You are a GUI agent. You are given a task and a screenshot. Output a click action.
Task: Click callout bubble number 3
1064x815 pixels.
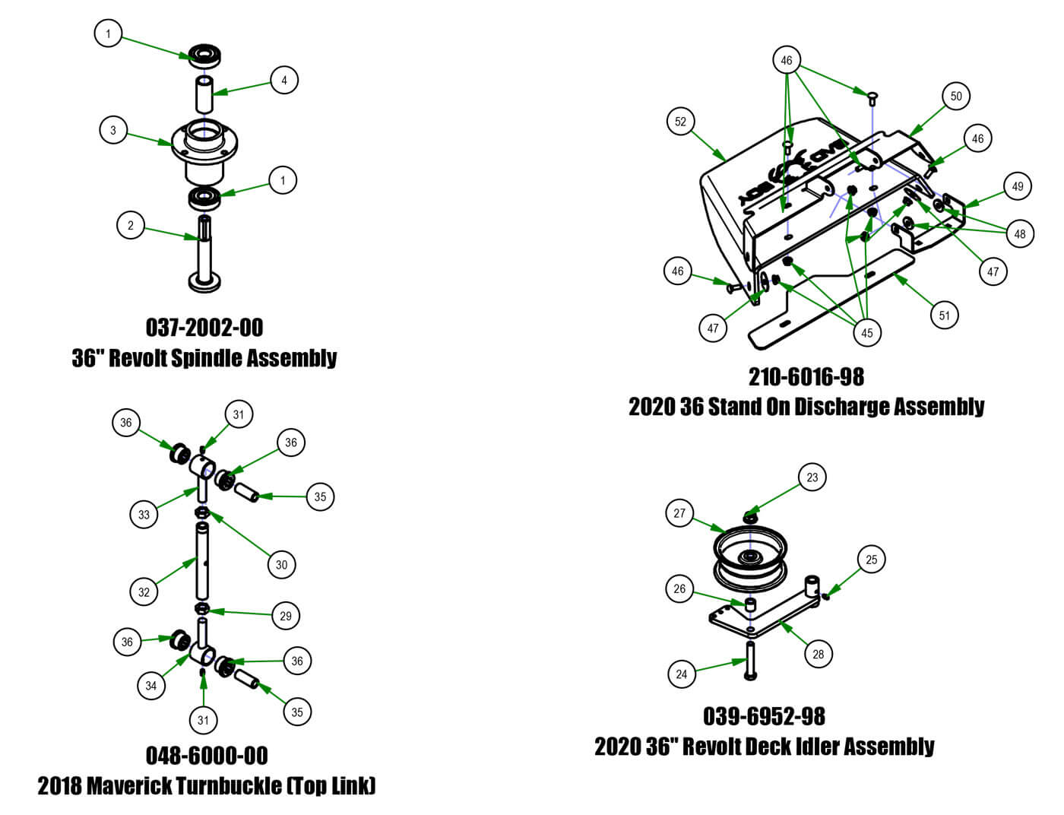tap(113, 130)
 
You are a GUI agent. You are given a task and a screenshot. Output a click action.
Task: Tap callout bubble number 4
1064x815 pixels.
tap(284, 80)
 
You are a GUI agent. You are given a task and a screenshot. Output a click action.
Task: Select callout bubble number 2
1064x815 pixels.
tap(131, 225)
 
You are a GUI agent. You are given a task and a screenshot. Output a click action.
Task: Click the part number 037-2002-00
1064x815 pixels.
tap(204, 328)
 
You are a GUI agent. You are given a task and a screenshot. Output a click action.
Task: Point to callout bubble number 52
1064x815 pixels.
tap(680, 122)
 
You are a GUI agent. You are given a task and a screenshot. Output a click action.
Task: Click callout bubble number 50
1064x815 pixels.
tap(956, 96)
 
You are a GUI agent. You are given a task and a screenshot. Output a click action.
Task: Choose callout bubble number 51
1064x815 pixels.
tap(945, 316)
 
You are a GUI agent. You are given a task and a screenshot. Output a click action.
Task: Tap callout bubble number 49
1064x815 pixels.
tap(1018, 186)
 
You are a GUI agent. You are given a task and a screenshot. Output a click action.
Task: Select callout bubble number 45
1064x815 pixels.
tap(866, 332)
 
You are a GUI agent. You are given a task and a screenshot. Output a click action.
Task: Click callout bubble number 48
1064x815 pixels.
tap(1020, 233)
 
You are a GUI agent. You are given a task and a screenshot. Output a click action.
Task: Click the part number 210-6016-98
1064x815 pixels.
tap(806, 376)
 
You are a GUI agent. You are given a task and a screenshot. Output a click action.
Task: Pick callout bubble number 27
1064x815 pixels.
tap(679, 513)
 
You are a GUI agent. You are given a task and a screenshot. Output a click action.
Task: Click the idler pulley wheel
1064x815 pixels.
tap(750, 559)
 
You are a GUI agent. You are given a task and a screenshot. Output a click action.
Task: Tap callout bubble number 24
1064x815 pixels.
tap(682, 674)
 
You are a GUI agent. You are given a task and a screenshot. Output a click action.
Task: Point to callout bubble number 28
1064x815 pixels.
tap(818, 654)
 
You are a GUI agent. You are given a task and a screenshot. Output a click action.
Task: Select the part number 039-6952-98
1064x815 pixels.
tap(764, 716)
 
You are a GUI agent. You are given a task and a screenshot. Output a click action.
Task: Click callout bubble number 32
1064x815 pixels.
tap(144, 592)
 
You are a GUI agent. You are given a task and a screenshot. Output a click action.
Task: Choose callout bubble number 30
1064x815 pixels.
tap(281, 564)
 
